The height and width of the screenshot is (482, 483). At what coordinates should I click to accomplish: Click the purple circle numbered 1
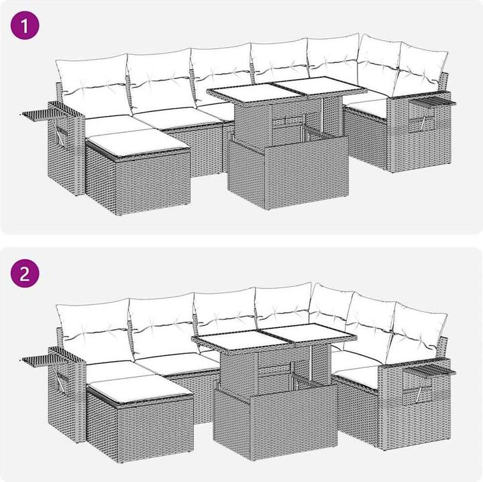click(25, 25)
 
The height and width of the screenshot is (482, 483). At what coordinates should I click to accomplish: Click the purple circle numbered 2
click(25, 274)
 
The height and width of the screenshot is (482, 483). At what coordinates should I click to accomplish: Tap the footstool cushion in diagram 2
click(140, 389)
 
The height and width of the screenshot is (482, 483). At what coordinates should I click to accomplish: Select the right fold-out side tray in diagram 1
click(433, 102)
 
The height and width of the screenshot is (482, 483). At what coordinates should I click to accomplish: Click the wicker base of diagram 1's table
click(288, 172)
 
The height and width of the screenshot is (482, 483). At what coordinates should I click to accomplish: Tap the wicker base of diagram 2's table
click(275, 422)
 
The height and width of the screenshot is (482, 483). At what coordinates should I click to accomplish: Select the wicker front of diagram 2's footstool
click(155, 430)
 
